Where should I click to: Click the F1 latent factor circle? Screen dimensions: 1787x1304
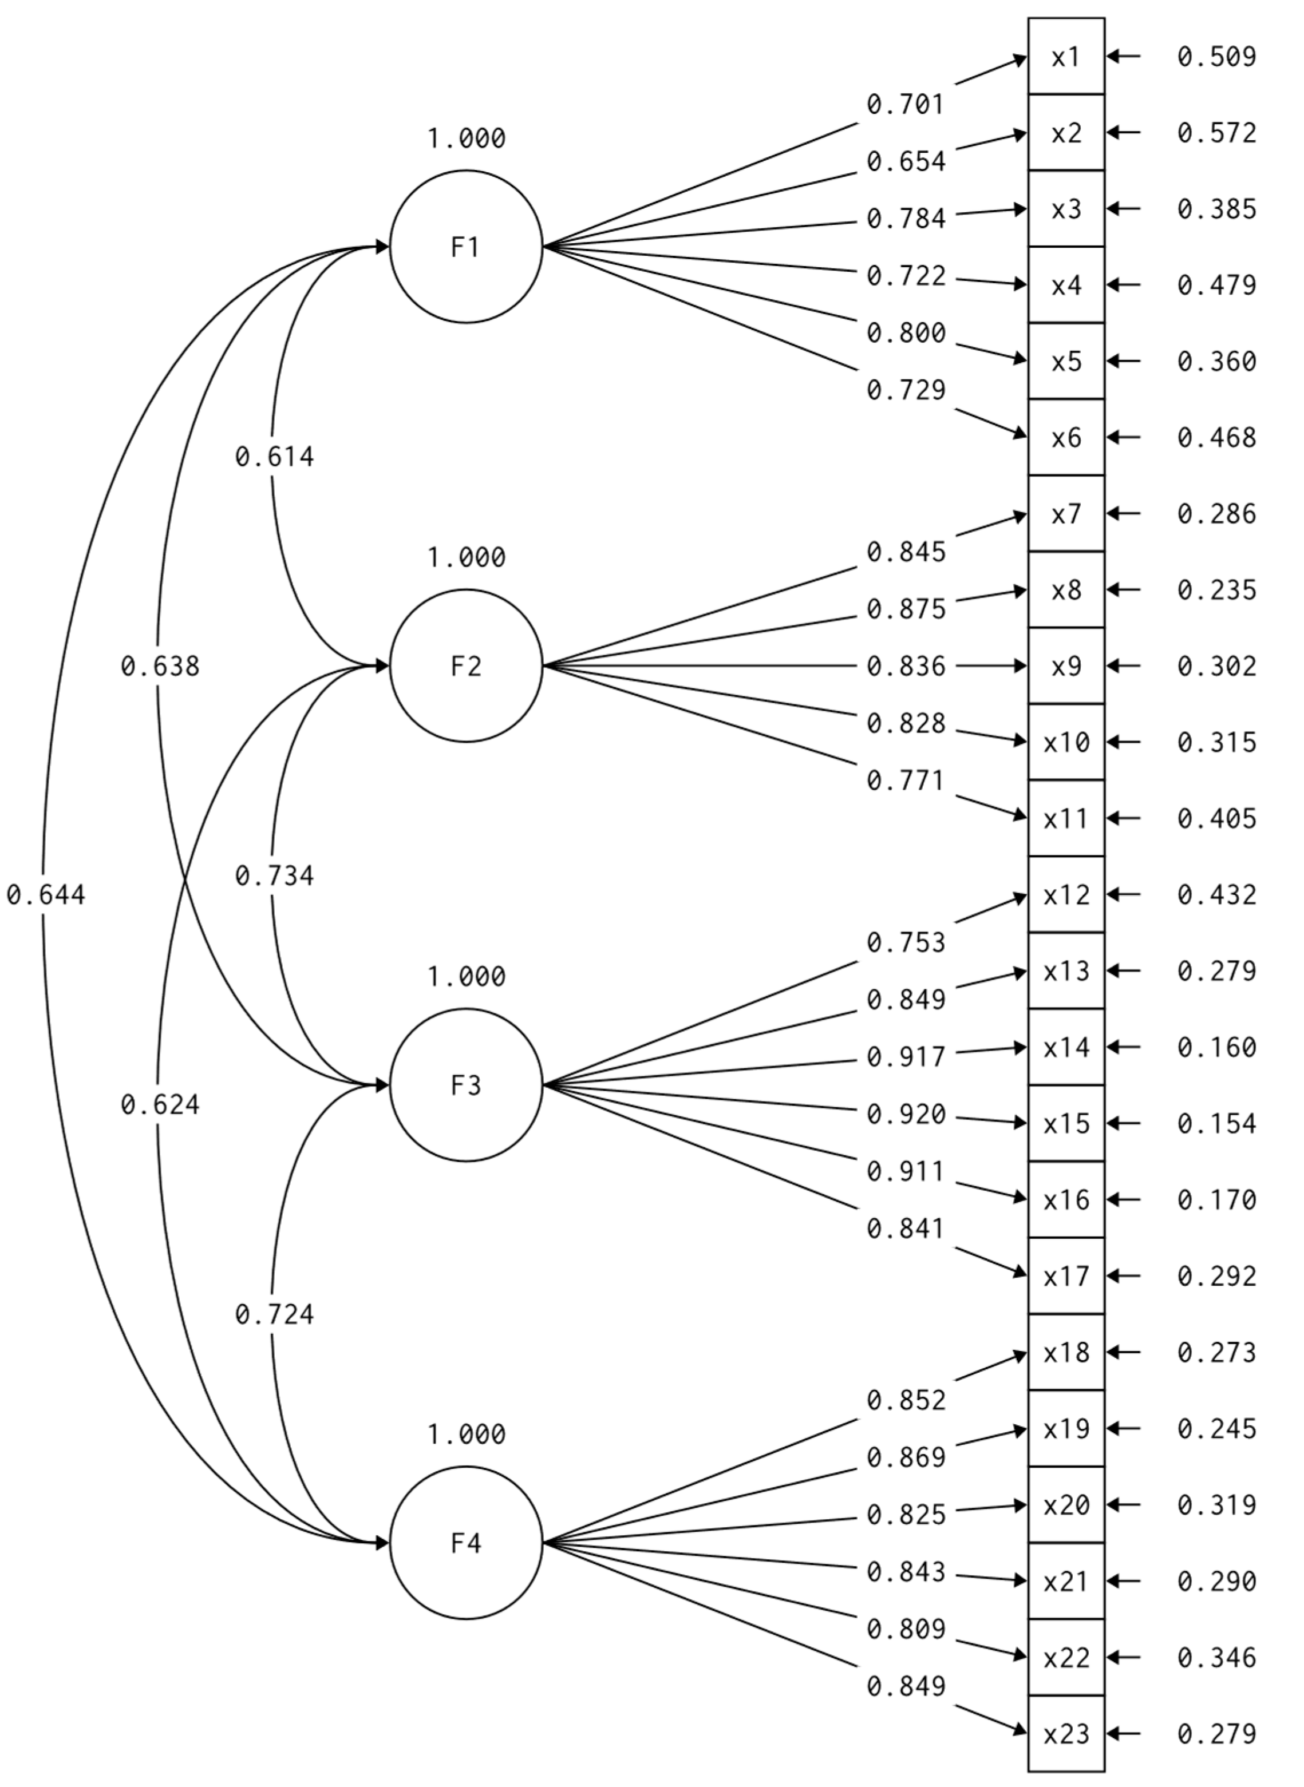click(x=466, y=247)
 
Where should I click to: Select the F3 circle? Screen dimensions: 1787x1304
click(x=466, y=1085)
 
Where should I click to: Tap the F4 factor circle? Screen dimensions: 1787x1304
click(x=466, y=1543)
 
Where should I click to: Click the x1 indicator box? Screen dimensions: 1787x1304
click(x=1066, y=57)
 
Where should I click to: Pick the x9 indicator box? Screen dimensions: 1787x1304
click(x=1066, y=667)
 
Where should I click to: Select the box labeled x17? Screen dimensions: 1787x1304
click(x=1066, y=1277)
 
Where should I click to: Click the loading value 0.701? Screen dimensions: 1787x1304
click(x=906, y=104)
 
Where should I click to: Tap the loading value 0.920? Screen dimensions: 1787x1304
click(x=906, y=1115)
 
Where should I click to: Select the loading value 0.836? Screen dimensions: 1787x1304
click(x=906, y=667)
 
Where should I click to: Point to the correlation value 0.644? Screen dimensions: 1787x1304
click(x=46, y=895)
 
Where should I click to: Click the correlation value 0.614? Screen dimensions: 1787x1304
click(x=274, y=457)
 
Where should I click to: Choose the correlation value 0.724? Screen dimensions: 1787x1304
click(x=274, y=1314)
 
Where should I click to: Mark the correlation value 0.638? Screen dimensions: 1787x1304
click(x=160, y=667)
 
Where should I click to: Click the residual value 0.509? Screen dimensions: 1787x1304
click(x=1216, y=57)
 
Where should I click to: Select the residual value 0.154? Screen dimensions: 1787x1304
click(x=1216, y=1123)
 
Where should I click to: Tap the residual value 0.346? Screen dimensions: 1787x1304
click(x=1216, y=1658)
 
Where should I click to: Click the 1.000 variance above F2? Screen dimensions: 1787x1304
click(x=466, y=558)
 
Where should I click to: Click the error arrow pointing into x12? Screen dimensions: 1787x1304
click(x=1124, y=895)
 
